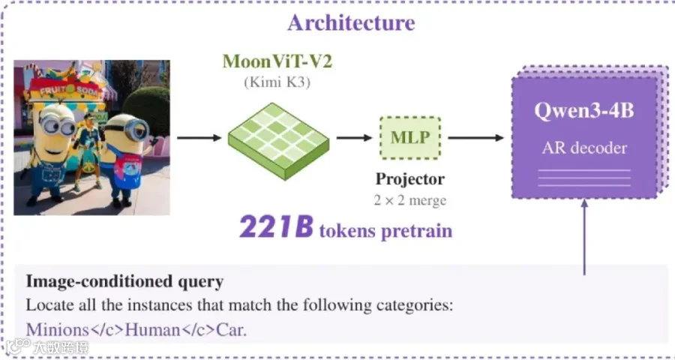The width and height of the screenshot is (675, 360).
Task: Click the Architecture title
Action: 351,22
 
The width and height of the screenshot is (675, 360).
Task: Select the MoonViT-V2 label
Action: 277,61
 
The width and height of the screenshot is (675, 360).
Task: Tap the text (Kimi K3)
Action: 277,82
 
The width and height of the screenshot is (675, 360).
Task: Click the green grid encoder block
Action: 278,141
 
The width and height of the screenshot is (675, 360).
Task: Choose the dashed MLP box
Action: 410,138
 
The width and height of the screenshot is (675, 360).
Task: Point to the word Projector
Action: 410,179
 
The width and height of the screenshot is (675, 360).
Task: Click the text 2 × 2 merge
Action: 410,200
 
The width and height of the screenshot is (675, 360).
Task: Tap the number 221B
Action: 276,227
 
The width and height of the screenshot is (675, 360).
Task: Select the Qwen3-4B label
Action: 584,111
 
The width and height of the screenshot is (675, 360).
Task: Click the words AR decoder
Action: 584,148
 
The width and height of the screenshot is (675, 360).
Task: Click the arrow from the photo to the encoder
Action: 199,138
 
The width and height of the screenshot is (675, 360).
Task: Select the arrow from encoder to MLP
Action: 354,138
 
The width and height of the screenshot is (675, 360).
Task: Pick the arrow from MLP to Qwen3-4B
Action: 475,138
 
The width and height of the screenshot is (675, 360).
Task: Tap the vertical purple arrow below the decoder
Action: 584,236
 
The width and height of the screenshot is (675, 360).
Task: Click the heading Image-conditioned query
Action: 124,282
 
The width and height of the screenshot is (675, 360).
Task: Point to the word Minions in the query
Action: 57,330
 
